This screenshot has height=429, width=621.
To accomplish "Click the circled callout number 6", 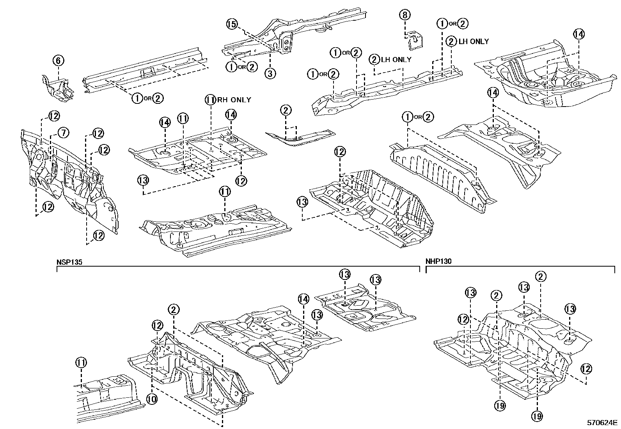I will [58, 61].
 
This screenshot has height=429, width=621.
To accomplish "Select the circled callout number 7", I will [63, 133].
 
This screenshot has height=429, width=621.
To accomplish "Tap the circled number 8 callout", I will [405, 15].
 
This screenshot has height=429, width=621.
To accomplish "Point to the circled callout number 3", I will [270, 73].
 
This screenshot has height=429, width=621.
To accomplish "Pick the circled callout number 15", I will [232, 24].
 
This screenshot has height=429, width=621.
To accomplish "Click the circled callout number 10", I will [152, 399].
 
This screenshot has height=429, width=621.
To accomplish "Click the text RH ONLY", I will [234, 100].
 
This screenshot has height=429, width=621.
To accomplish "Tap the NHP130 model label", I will [438, 262].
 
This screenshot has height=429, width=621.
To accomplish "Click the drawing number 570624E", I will [603, 423].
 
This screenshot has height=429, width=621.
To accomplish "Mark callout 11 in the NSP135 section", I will [81, 363].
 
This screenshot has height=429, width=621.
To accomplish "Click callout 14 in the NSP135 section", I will [303, 299].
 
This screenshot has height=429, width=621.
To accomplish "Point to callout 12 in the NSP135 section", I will [157, 325].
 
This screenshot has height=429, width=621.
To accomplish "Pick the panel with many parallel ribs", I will [437, 172].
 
